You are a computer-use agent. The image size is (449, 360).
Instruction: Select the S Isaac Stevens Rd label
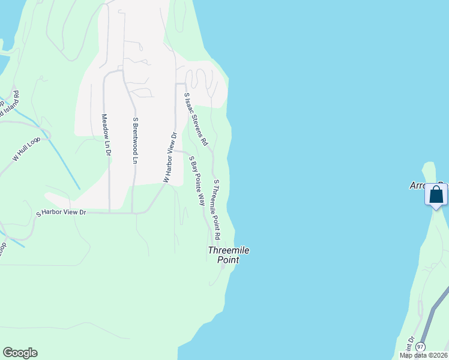pos(196,119)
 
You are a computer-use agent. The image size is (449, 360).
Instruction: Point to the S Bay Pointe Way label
pos(197,181)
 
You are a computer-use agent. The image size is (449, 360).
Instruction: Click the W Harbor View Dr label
pos(170,157)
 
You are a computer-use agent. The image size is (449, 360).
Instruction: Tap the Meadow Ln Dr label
pos(105,135)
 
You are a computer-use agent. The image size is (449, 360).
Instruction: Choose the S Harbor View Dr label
pos(61,213)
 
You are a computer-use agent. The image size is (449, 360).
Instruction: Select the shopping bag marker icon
pos(436,195)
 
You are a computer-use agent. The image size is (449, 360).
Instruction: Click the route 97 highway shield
pos(420,347)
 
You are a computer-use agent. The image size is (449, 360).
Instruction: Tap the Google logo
pos(20,353)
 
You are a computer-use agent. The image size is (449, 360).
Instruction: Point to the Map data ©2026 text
pos(423,355)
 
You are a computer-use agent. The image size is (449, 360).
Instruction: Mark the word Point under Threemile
pos(228,260)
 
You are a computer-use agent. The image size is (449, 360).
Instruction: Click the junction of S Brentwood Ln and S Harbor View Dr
pos(132,212)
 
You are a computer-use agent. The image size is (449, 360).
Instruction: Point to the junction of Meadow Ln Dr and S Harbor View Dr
pos(109,212)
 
